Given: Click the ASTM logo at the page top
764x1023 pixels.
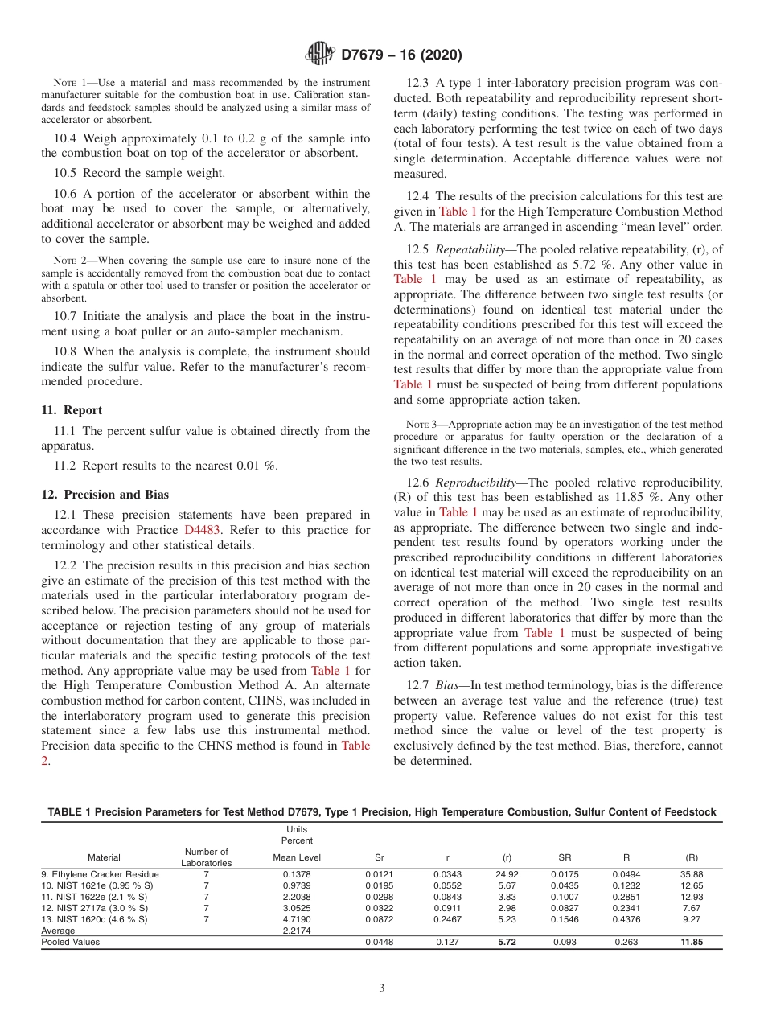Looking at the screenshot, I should click(x=320, y=55).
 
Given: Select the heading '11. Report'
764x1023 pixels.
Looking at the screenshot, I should click(x=72, y=410).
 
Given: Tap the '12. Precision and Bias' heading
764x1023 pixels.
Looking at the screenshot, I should click(x=105, y=495).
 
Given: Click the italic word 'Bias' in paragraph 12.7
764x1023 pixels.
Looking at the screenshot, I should click(x=449, y=685).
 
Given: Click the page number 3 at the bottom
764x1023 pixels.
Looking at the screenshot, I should click(x=382, y=988).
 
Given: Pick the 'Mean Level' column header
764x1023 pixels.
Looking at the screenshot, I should click(x=297, y=857).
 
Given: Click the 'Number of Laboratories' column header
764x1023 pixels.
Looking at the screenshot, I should click(x=207, y=857).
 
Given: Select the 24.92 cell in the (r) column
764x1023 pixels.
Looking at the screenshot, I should click(x=507, y=873).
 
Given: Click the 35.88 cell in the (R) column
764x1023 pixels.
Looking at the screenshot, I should click(x=691, y=873).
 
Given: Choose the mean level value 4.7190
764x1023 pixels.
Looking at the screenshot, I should click(x=297, y=918).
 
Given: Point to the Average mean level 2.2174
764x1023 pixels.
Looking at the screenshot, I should click(x=297, y=930).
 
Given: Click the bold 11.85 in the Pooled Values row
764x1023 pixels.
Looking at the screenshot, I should click(x=691, y=942).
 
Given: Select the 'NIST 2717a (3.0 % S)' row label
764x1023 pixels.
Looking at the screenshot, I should click(x=94, y=907).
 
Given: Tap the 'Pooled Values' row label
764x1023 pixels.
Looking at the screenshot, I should click(x=71, y=942).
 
